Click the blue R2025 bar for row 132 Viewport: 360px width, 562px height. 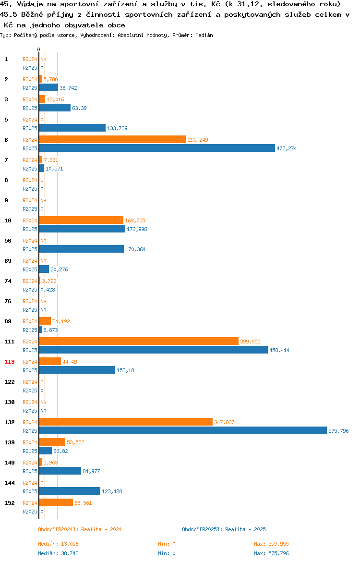(x=183, y=431)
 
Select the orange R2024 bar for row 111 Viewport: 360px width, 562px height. (x=139, y=342)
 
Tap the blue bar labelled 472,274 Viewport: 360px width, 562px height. (x=157, y=148)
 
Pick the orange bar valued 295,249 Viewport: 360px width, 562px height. (x=112, y=140)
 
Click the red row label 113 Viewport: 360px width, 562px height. (x=10, y=362)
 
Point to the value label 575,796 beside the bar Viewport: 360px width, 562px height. (x=338, y=431)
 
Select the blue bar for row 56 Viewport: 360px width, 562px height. (x=81, y=249)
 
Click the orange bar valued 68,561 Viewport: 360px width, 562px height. (x=56, y=503)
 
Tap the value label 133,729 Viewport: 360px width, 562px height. (x=117, y=128)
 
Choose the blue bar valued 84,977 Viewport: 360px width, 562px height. (x=60, y=471)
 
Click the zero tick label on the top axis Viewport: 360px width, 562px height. (x=39, y=50)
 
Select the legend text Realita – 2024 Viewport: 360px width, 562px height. (x=101, y=529)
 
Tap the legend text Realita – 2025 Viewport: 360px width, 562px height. (x=245, y=529)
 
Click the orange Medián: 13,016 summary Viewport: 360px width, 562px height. (x=59, y=544)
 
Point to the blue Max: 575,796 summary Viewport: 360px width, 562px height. (x=271, y=553)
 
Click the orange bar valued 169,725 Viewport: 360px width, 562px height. (x=81, y=220)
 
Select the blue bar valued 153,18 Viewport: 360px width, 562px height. (x=77, y=370)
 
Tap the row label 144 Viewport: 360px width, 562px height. (x=10, y=483)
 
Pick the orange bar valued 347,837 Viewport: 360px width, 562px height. (x=126, y=422)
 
